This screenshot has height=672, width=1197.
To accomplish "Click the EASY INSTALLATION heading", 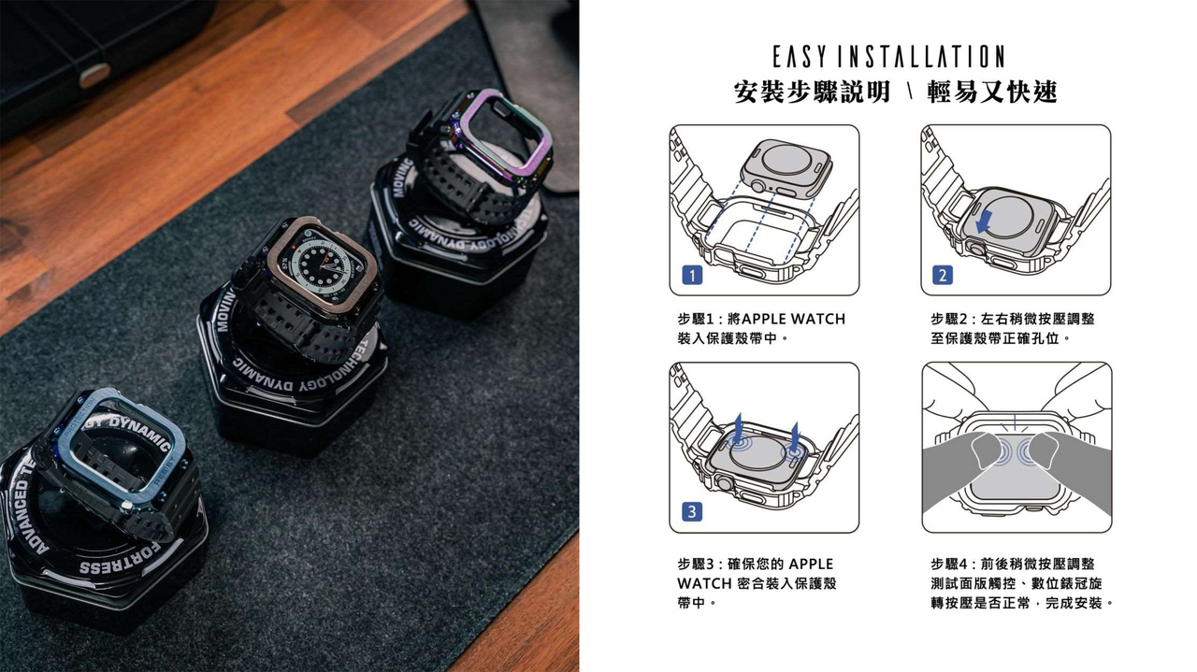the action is (888, 57).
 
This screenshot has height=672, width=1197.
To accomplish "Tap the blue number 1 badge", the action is (692, 276).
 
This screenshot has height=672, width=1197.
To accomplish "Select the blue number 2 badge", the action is (942, 275).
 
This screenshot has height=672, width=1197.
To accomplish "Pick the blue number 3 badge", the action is (692, 512).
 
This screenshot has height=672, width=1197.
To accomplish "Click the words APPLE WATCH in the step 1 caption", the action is (794, 319).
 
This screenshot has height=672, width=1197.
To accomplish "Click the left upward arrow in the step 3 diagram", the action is (738, 428).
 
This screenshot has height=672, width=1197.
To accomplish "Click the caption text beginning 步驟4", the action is (1022, 583).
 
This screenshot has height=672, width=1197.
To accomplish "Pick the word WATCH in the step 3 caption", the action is (704, 583).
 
